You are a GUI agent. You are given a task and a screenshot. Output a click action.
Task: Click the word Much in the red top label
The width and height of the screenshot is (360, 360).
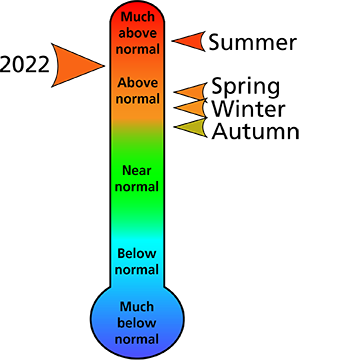138,16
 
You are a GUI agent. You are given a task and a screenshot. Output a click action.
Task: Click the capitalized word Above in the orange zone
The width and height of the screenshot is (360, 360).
138,83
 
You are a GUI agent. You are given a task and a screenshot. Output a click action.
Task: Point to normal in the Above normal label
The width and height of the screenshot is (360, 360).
138,99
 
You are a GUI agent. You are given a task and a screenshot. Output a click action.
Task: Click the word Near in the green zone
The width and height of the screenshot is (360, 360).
137,170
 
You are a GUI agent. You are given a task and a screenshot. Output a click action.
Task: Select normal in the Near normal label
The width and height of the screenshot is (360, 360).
137,186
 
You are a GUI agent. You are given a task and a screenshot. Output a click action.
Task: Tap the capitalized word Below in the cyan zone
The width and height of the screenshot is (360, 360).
137,254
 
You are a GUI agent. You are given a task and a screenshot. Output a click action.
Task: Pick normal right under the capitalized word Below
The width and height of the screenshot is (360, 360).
137,270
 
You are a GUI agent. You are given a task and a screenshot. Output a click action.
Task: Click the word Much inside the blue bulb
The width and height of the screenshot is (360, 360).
137,306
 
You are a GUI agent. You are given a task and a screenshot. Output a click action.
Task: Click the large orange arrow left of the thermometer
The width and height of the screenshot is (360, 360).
73,66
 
